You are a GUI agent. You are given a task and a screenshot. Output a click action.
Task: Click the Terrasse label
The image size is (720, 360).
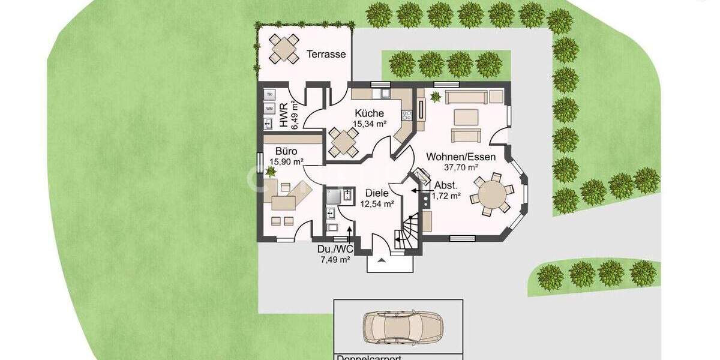(326, 55)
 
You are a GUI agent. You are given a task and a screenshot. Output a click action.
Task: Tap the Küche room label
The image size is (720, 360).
(369, 113)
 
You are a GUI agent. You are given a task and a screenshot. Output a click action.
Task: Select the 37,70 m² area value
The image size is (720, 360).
(461, 167)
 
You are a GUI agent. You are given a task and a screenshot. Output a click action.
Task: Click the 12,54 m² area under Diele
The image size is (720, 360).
(377, 204)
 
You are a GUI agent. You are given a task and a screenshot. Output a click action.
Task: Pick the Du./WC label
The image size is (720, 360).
(334, 250)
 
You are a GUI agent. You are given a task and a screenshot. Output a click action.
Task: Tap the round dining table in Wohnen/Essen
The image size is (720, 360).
(492, 194)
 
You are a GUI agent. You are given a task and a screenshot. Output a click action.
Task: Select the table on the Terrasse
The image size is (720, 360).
(284, 49)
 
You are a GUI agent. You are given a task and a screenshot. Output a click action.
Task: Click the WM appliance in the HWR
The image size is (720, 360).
(269, 109)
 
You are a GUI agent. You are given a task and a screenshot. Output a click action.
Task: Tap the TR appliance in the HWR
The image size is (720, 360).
(269, 95)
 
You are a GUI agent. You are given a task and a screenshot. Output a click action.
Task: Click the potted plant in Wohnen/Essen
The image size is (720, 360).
(434, 96)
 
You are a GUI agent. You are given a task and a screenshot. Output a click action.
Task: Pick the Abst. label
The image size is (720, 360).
(446, 185)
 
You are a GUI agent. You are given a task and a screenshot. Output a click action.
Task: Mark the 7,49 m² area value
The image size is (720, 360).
(336, 260)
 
